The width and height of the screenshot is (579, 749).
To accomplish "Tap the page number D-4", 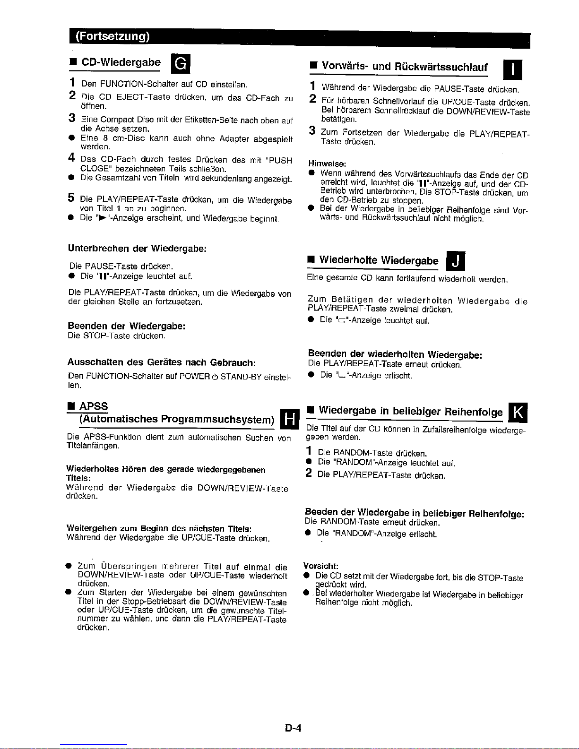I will tap(293, 728).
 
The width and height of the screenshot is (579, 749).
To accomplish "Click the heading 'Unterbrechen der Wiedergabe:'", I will tap(137, 249).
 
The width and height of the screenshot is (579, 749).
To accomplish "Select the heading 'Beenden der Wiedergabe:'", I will tap(126, 326).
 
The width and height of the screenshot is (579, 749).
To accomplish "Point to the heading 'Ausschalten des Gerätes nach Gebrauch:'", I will tap(162, 362).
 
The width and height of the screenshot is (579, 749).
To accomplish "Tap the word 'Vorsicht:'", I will tap(320, 566).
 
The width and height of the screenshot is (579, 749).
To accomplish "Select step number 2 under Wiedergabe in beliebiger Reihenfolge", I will tap(309, 473).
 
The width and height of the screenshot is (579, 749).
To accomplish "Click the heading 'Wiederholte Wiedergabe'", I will tap(379, 260).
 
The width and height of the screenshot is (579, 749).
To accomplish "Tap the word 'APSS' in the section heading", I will tap(94, 406).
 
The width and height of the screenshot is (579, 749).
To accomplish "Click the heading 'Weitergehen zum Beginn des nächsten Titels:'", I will tap(159, 528).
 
